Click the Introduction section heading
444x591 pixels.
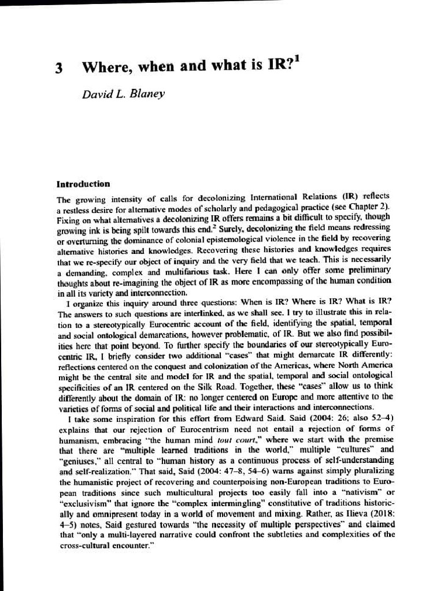(x=83, y=184)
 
